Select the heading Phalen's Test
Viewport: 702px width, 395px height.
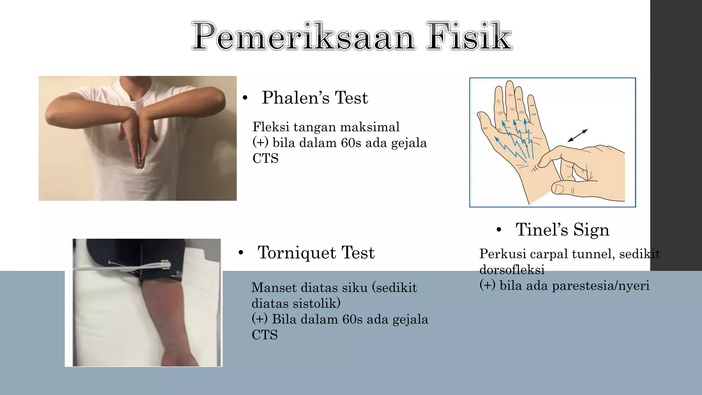point(315,98)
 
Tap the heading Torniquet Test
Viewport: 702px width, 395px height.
point(316,253)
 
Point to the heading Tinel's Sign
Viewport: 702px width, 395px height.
point(562,230)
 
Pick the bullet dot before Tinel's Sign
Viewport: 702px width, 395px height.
point(499,230)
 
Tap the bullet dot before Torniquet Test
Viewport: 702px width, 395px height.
point(241,253)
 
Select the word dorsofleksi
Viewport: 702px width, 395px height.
point(512,270)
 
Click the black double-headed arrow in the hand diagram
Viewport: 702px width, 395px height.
point(578,135)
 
